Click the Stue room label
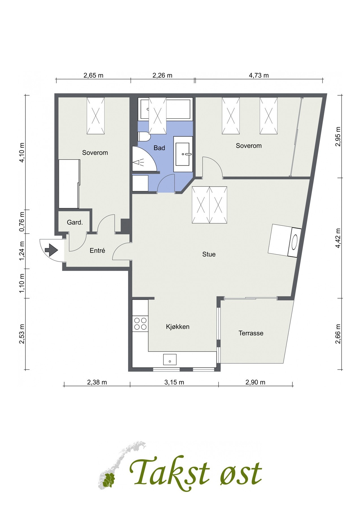(209, 254)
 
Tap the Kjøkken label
(178, 327)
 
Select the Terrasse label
(251, 333)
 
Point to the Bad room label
(159, 148)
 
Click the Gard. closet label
(75, 223)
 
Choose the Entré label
(97, 250)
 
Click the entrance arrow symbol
(51, 250)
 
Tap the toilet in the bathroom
(144, 137)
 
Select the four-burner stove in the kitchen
(140, 323)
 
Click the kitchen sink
(170, 359)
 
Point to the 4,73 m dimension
(259, 75)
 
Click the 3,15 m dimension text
(174, 382)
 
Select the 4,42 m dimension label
(337, 238)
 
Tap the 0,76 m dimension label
(22, 222)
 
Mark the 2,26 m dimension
(162, 75)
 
